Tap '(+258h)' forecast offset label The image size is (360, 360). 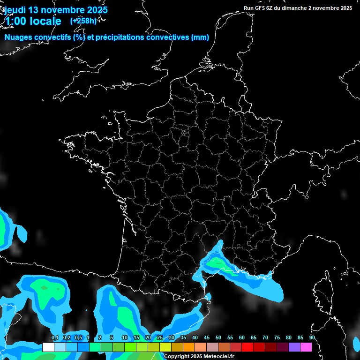click(83, 21)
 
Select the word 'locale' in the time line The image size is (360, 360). click(45, 21)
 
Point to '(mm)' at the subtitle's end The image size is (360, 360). click(200, 37)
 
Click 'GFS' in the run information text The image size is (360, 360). click(261, 8)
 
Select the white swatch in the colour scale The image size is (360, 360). click(48, 347)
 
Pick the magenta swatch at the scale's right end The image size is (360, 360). click(306, 347)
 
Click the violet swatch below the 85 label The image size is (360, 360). click(294, 347)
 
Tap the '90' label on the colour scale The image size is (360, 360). click(312, 338)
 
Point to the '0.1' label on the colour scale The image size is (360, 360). click(54, 338)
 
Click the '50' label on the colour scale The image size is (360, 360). click(218, 338)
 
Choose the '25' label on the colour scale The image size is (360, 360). click(159, 338)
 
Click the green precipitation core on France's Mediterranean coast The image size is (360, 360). click(217, 262)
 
